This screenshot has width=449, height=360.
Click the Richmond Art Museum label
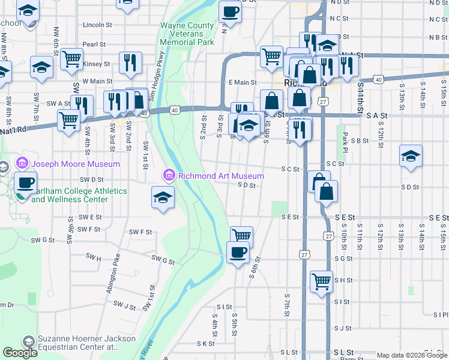220,176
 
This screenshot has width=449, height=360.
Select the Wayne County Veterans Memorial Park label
187,34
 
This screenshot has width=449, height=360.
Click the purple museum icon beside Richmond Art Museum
169,176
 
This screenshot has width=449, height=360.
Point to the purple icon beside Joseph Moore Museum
22,163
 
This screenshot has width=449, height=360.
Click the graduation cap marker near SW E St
163,197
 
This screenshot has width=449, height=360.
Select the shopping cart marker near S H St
321,280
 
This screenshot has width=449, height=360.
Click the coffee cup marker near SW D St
25,182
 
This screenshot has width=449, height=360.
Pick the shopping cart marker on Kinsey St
71,58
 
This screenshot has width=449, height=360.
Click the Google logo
20,353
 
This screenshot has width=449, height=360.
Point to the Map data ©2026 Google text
412,355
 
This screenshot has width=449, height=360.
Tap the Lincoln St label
98,25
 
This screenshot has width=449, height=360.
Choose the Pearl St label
94,44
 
